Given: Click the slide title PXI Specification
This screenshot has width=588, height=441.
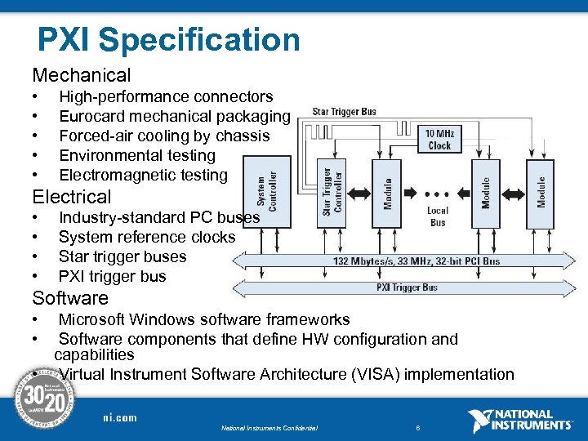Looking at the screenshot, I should pos(169,39).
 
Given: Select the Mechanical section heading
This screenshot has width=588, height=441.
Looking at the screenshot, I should pos(81,76).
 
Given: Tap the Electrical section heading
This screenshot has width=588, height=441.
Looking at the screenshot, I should pos(71,197).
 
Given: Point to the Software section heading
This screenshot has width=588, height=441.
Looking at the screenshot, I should pos(69,298).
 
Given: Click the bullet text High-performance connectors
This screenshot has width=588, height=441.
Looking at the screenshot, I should pos(166,97).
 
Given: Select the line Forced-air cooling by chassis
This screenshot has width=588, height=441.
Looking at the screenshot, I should pos(163,136).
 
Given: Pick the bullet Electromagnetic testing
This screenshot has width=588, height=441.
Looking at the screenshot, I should pos(143,175).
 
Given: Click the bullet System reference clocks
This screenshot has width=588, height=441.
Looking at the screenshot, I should pos(147,237).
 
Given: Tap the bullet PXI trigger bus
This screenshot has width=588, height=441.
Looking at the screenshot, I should pos(112,276).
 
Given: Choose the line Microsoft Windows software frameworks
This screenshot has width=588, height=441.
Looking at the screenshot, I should pos(204,319).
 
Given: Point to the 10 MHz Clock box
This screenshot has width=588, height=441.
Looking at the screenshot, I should pos(439,139).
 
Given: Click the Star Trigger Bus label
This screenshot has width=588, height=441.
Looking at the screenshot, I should pos(345,112).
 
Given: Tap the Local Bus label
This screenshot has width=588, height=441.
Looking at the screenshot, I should pos(438,216).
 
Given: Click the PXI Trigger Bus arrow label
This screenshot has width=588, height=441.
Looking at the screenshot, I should pos(407,287).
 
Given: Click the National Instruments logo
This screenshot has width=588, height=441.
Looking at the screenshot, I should pos(520,420).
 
